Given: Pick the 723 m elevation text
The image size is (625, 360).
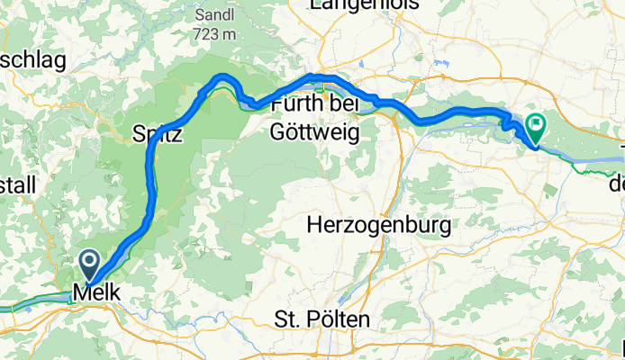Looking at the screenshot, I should click(214, 34).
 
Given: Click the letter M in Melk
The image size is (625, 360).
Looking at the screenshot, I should click(80, 293).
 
